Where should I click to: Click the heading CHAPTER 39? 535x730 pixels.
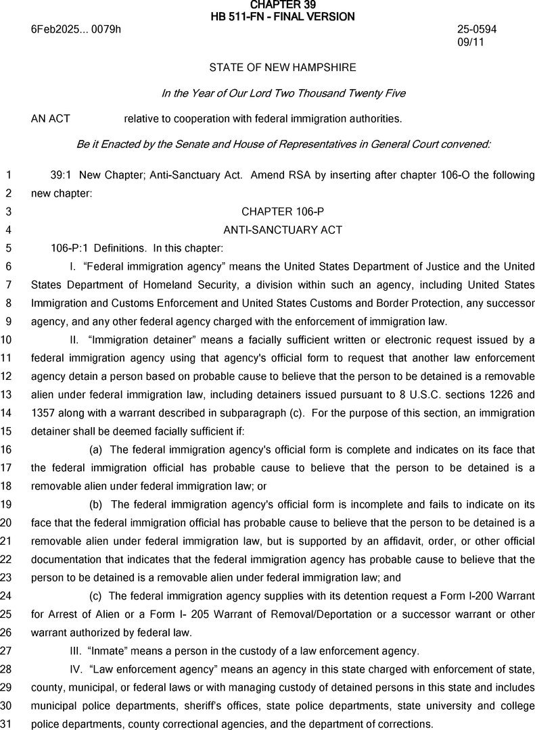(282, 5)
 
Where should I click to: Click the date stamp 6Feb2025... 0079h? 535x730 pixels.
(76, 30)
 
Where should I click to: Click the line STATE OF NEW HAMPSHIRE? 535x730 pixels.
(283, 68)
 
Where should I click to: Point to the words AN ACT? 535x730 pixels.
(51, 119)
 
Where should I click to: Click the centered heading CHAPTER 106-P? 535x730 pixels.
(283, 212)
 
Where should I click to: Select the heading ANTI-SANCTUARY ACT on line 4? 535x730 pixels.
(283, 230)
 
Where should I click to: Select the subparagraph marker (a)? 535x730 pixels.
(97, 449)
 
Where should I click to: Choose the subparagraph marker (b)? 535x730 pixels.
(97, 504)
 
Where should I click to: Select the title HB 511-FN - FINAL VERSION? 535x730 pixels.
(282, 16)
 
